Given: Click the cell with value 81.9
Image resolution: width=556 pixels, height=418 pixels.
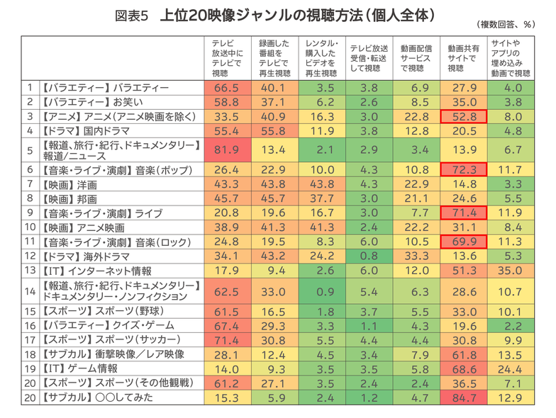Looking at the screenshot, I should [x=227, y=149].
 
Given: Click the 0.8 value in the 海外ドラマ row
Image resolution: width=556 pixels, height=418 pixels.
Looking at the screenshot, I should [x=369, y=256].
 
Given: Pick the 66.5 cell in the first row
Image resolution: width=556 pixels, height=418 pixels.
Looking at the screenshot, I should [x=227, y=88].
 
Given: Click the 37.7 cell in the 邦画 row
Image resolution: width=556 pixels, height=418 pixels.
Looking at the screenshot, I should [x=321, y=198].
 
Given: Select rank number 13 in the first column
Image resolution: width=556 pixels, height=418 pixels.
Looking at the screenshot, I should [x=30, y=271].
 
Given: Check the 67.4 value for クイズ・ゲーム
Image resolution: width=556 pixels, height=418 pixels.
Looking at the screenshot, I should [x=227, y=325].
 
